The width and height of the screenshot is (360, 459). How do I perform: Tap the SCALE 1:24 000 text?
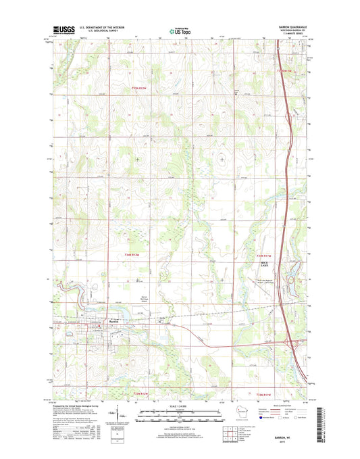pos(180,406)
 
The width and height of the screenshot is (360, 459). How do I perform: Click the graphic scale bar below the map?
pos(180,414)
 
